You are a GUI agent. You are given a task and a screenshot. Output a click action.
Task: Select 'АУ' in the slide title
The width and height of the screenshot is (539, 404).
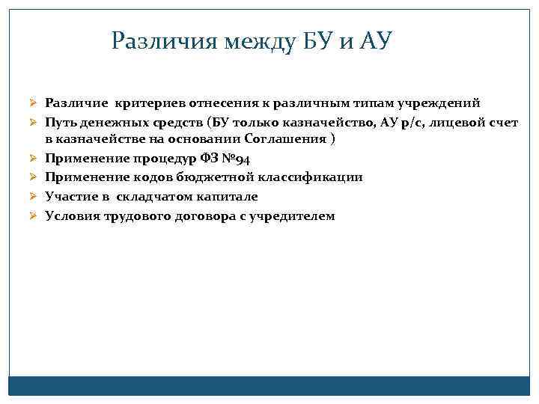click(x=374, y=40)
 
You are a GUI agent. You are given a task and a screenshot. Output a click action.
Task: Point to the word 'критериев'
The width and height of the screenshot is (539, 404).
click(x=142, y=102)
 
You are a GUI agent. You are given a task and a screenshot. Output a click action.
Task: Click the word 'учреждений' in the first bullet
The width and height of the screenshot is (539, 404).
click(x=439, y=102)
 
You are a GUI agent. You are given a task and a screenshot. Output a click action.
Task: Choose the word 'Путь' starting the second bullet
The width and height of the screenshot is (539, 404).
click(x=60, y=121)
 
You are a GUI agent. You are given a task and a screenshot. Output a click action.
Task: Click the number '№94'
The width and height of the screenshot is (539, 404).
click(x=237, y=159)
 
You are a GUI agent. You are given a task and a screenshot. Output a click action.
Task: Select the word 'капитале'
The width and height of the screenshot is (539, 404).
click(x=228, y=196)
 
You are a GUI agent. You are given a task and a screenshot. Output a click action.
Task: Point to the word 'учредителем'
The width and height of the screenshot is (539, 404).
click(x=296, y=215)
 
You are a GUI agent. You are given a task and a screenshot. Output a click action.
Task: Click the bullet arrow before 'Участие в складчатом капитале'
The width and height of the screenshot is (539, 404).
click(x=33, y=196)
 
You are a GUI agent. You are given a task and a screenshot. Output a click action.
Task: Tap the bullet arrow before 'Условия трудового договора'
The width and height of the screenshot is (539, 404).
click(x=33, y=215)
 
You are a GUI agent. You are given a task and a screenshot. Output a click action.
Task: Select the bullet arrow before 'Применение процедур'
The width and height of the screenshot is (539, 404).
click(x=33, y=159)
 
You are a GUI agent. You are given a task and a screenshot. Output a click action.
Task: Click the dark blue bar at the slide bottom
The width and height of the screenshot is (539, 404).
click(x=269, y=385)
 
